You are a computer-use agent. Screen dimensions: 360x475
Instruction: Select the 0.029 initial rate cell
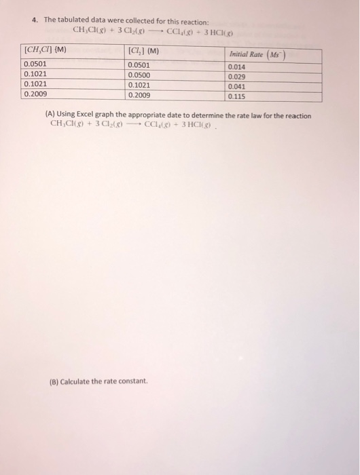coord(237,77)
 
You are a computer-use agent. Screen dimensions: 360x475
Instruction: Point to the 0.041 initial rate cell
coord(237,87)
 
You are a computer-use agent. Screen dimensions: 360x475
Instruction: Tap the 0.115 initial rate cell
coord(237,96)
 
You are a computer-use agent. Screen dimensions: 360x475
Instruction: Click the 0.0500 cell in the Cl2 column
coord(139,75)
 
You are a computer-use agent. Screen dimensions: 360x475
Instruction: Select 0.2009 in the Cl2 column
coord(139,94)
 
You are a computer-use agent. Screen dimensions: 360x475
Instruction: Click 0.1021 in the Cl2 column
coord(139,85)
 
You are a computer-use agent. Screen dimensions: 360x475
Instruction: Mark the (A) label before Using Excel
coord(50,115)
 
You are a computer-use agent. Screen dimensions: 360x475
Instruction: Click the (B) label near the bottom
coord(54,381)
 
